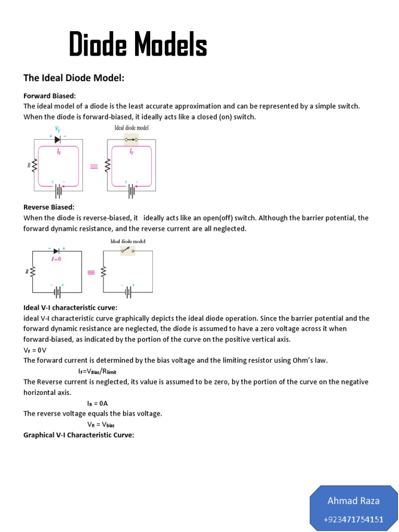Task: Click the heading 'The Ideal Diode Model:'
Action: (74, 78)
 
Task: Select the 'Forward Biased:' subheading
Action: (49, 96)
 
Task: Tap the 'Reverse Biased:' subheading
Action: (49, 207)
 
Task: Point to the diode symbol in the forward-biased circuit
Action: (58, 139)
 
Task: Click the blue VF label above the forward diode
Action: (58, 128)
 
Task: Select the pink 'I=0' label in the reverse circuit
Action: (56, 259)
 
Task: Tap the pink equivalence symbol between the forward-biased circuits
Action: (94, 167)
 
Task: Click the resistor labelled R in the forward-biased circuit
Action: (35, 166)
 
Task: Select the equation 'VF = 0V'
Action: (35, 350)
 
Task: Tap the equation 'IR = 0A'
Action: (97, 403)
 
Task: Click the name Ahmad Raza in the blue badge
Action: (353, 501)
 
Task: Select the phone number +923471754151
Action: (353, 520)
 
